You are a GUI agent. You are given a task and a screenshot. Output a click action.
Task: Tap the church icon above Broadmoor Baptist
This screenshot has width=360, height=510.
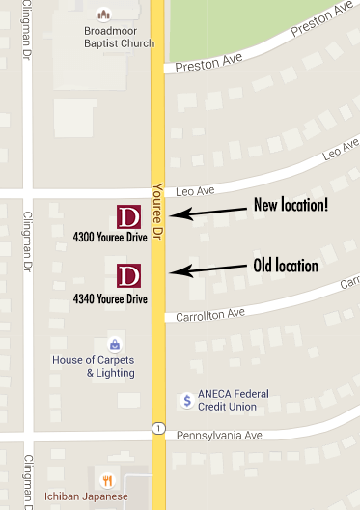102,14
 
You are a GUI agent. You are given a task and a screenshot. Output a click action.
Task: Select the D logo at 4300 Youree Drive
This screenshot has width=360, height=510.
128,216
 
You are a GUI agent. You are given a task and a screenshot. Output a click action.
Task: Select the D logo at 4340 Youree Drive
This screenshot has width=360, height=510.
128,275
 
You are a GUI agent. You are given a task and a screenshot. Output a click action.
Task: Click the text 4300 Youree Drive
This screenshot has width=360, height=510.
110,237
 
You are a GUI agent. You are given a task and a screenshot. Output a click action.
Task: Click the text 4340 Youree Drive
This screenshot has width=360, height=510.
110,299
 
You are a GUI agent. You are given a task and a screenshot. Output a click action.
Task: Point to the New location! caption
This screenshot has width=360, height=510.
290,205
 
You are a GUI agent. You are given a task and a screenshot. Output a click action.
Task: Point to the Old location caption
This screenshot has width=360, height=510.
285,266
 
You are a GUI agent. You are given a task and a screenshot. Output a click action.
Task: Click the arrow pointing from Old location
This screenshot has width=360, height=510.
207,271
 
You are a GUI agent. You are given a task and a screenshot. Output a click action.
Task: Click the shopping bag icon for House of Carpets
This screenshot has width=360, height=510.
115,344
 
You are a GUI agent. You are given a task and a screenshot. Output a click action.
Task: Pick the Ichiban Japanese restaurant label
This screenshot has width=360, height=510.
85,496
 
